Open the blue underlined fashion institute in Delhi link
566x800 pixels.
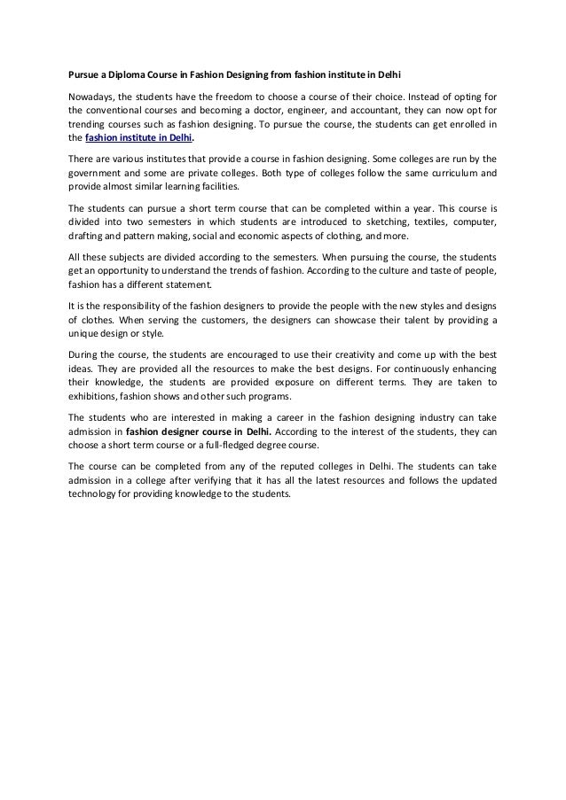(138, 138)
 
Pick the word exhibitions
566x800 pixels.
(95, 397)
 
